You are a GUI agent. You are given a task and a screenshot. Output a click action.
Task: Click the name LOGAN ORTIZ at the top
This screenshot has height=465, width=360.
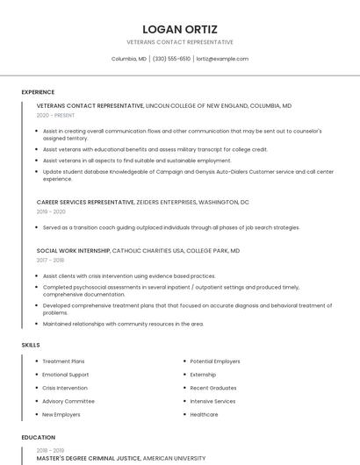click(180, 29)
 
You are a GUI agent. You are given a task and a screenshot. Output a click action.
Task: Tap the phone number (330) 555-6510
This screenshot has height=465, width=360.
click(171, 59)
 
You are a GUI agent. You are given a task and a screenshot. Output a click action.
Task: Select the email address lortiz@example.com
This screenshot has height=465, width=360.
click(222, 59)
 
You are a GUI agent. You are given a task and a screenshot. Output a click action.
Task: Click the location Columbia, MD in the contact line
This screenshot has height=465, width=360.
click(129, 59)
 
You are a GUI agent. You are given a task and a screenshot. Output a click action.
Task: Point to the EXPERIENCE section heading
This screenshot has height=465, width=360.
click(38, 92)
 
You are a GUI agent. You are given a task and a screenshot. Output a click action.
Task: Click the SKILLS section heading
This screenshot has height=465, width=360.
click(31, 345)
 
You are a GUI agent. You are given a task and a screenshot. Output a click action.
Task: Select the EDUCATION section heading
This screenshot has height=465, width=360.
click(38, 437)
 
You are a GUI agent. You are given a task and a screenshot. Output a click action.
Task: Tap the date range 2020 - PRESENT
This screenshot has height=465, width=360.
click(55, 115)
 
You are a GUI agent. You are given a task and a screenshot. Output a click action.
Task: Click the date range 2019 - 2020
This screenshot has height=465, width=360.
click(51, 211)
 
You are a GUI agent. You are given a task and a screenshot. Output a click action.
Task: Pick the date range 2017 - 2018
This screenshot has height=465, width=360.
click(51, 260)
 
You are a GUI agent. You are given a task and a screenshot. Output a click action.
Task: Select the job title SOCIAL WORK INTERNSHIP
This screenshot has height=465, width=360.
click(74, 250)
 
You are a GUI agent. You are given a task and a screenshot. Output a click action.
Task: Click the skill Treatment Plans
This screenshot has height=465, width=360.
click(63, 361)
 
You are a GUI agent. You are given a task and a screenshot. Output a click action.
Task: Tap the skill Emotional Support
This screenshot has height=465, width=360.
click(66, 375)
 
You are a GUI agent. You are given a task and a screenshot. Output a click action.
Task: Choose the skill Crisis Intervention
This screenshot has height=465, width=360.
click(65, 388)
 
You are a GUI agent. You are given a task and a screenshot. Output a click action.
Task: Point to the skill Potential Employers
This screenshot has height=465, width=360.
click(215, 361)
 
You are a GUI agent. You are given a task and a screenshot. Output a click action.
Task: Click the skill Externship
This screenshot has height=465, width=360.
click(203, 375)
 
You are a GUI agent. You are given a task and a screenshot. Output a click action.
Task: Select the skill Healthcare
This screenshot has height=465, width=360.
click(204, 414)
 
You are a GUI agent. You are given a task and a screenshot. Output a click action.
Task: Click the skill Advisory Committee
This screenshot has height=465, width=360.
click(68, 401)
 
